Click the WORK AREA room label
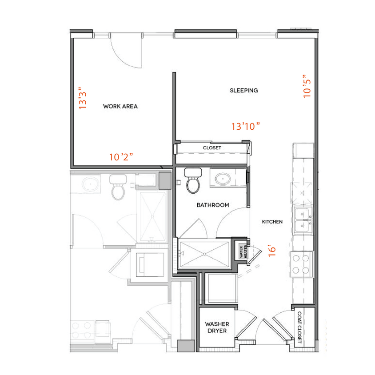120,106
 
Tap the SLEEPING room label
243,91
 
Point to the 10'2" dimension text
121,157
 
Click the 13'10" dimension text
245,127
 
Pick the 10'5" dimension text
307,86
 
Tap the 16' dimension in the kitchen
273,250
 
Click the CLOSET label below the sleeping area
212,148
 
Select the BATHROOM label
213,205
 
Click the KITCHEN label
272,222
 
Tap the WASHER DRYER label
216,327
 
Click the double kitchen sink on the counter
303,220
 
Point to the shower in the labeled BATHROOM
204,254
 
